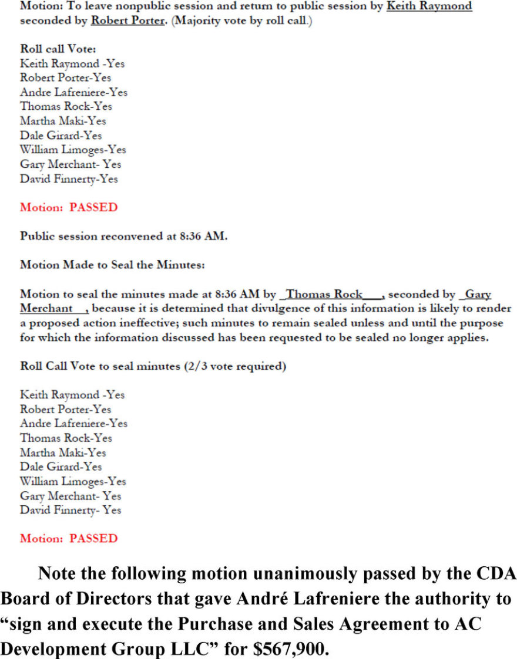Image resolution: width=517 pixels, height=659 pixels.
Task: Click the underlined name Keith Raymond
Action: point(429,6)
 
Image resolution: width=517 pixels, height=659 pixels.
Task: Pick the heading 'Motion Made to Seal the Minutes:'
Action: point(112,265)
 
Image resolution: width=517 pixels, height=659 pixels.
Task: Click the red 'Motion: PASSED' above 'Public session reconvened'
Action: point(69,207)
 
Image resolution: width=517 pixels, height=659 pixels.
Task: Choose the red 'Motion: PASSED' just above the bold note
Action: point(69,538)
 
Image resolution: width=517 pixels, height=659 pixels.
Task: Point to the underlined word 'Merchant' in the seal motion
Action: point(46,309)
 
